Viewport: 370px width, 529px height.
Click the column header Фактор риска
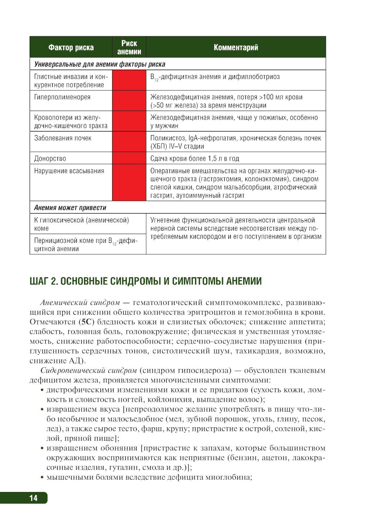tap(71, 47)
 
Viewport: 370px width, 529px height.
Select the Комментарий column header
tap(236, 47)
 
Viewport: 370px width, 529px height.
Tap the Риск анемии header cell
tap(129, 47)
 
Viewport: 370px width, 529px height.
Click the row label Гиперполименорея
tap(62, 97)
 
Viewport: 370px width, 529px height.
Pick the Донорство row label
tap(50, 158)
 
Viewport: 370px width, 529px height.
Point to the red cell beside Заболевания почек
tap(129, 142)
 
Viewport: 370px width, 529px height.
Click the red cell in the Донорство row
tap(129, 158)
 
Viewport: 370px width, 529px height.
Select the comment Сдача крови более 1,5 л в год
tap(195, 158)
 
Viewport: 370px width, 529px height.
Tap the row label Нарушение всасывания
tap(69, 171)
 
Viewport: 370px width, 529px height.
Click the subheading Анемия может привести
tap(70, 208)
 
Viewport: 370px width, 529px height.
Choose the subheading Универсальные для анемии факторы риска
tap(100, 64)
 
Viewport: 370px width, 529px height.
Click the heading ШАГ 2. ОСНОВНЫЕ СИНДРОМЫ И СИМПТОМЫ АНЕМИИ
tap(145, 281)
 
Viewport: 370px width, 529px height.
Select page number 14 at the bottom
tap(33, 498)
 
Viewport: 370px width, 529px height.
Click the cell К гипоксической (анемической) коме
tap(81, 224)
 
